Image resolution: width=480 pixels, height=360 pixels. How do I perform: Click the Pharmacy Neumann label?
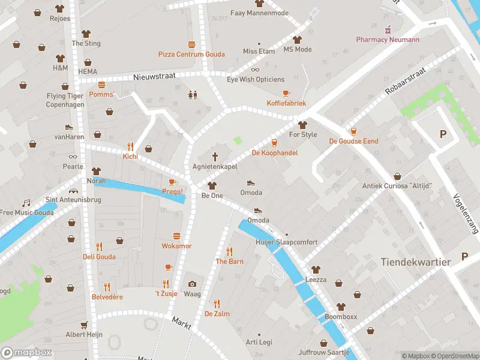tap(387, 40)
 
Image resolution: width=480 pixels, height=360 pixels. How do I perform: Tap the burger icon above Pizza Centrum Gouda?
tap(191, 44)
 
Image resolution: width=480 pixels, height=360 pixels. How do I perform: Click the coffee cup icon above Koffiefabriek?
tap(286, 94)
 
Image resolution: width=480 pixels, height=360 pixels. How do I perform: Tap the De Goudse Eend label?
tap(353, 141)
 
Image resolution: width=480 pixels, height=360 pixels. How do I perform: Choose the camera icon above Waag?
tap(192, 284)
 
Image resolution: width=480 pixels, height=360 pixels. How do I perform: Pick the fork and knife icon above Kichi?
tap(130, 146)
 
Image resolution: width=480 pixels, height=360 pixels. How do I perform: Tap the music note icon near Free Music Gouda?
tap(26, 203)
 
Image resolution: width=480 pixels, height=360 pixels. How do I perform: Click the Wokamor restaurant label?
tap(176, 246)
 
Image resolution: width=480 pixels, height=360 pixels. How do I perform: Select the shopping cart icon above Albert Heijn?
tap(84, 325)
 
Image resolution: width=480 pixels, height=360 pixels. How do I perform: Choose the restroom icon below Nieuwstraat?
tap(193, 94)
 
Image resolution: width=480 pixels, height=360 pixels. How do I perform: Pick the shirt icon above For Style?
tap(302, 125)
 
